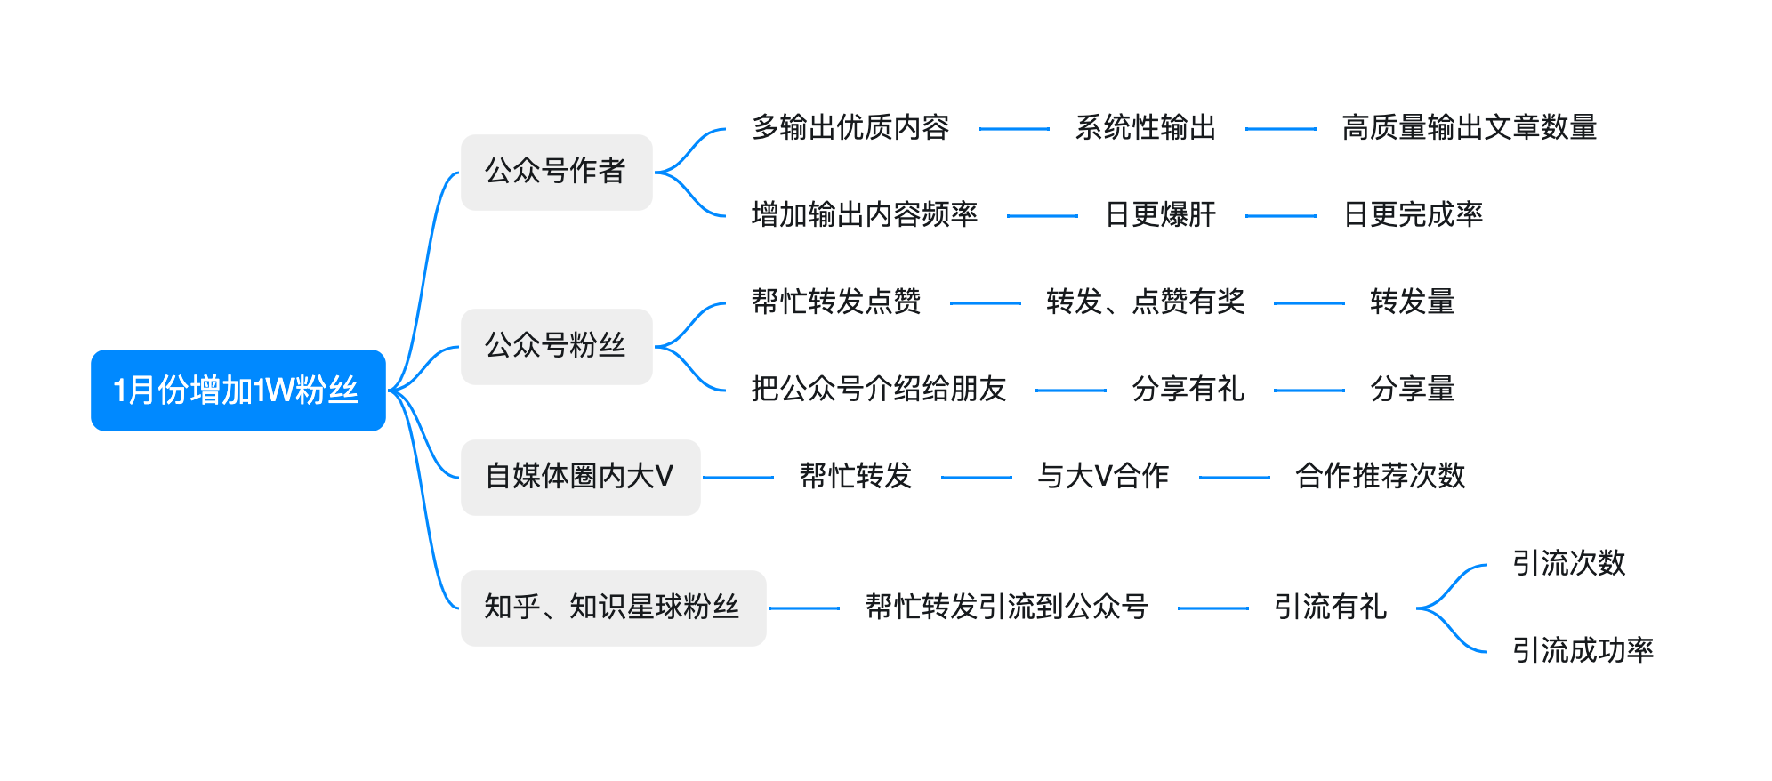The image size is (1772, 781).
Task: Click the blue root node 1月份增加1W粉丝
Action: [238, 390]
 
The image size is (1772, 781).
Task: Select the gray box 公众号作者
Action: [556, 172]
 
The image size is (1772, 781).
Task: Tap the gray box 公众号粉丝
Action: [556, 346]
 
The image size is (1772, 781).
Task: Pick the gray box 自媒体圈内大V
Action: [580, 477]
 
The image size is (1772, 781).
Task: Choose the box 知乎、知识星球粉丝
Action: [613, 608]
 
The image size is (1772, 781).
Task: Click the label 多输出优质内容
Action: [850, 128]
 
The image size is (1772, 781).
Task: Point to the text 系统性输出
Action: [1145, 128]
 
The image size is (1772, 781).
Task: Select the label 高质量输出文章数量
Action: [1469, 128]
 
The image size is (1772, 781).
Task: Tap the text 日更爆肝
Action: [1160, 215]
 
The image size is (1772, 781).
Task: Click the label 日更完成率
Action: [1413, 215]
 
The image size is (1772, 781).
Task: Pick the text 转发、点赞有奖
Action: [1145, 302]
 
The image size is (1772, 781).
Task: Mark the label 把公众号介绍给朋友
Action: [878, 390]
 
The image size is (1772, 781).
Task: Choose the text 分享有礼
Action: [1188, 390]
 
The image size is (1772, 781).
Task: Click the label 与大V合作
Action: [1103, 477]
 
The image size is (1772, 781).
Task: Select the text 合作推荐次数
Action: [1380, 477]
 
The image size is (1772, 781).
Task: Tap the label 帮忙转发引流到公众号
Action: [1007, 608]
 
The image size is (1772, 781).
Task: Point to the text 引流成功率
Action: [1583, 651]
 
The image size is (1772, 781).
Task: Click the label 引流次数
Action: [1568, 564]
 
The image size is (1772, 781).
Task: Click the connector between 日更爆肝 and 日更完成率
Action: [1280, 216]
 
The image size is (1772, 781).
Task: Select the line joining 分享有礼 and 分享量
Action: [1309, 390]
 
